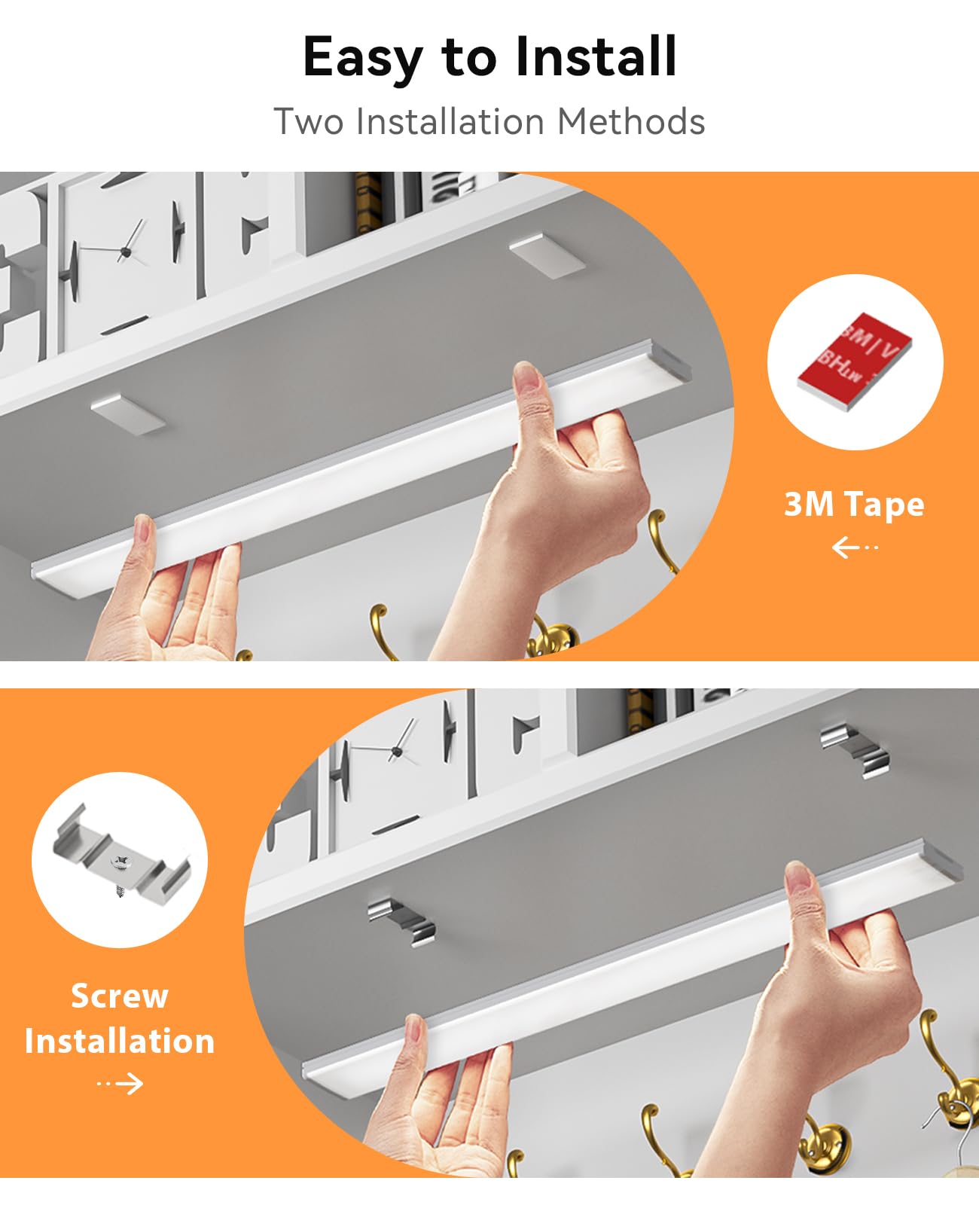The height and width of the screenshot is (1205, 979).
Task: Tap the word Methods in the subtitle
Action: pos(631,121)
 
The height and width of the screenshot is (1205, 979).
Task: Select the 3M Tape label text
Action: pos(854,504)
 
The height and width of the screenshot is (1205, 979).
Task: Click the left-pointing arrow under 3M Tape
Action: pos(854,547)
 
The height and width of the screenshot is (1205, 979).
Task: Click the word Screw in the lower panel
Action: pos(120,996)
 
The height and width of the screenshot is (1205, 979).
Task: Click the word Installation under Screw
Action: pos(120,1041)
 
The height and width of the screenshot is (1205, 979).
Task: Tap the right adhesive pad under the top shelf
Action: pos(546,255)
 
